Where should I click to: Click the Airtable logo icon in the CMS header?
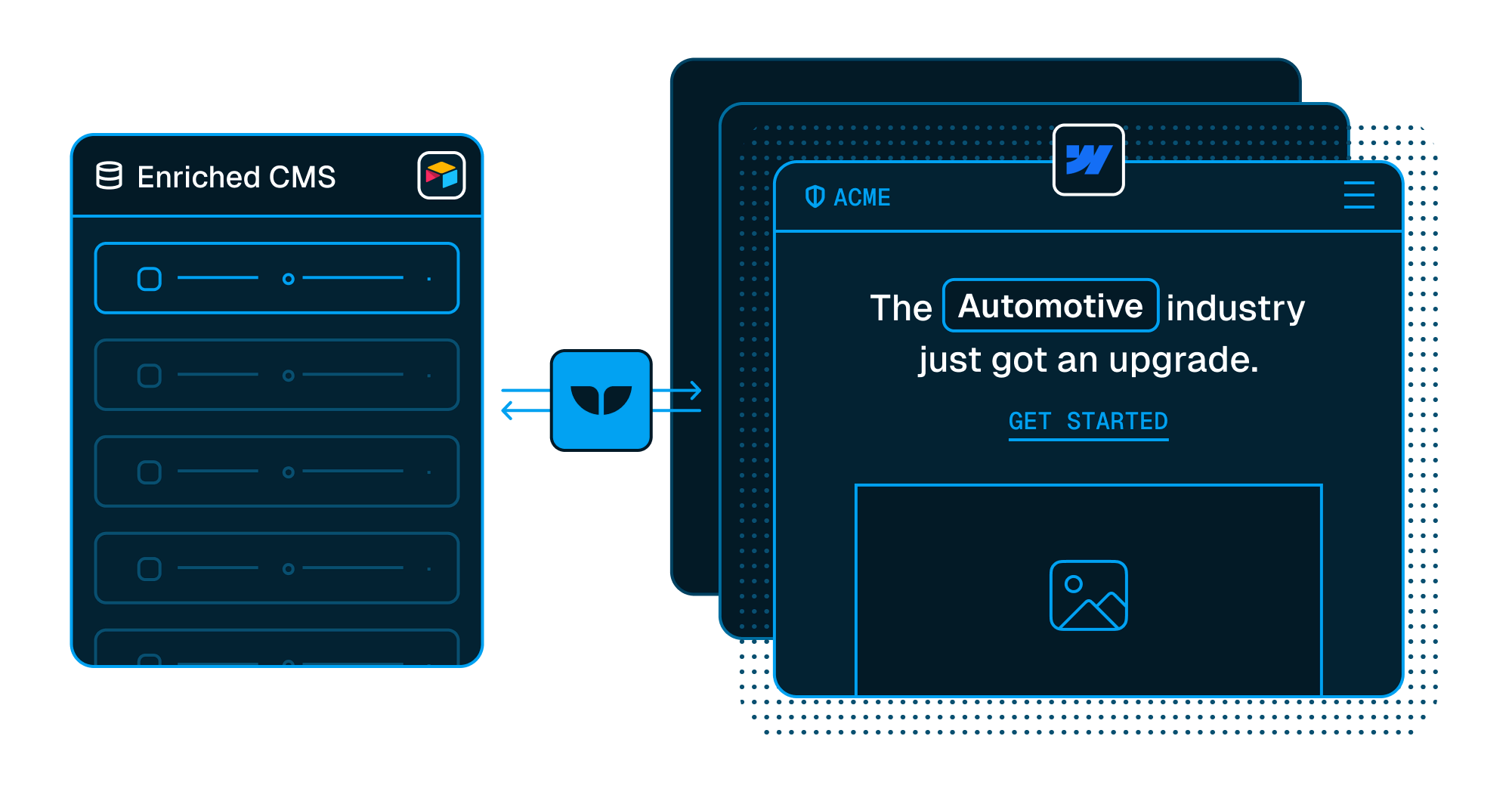click(x=442, y=175)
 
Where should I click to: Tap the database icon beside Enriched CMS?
click(x=109, y=175)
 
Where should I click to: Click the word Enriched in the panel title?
click(x=199, y=177)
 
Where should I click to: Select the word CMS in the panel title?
click(x=302, y=177)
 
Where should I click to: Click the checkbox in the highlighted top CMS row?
click(x=150, y=279)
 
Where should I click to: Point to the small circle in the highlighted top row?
click(x=288, y=279)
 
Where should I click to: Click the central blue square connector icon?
click(x=601, y=400)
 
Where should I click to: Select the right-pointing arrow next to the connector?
click(x=677, y=391)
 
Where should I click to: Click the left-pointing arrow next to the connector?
click(x=526, y=410)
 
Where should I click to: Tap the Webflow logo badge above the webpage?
click(x=1089, y=159)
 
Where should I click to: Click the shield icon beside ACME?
click(x=815, y=196)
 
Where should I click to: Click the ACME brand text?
click(x=862, y=197)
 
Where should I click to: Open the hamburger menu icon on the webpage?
click(x=1359, y=195)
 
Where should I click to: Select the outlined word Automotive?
click(x=1050, y=306)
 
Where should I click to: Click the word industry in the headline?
click(x=1235, y=308)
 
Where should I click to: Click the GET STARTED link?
click(x=1088, y=422)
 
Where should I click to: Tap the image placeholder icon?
click(x=1088, y=595)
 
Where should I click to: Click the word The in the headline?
click(x=901, y=308)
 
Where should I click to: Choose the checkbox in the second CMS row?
click(x=150, y=376)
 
